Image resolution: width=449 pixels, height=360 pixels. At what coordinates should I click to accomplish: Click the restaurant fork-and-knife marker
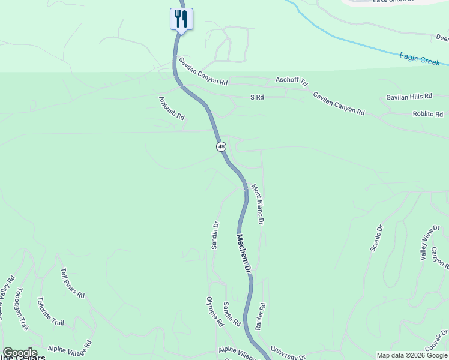[x=181, y=19]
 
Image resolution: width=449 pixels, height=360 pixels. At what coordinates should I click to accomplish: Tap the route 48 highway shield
[x=221, y=146]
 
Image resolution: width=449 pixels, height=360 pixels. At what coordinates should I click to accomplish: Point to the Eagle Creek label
[x=420, y=59]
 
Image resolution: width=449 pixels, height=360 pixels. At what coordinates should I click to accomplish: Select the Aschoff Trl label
[x=291, y=81]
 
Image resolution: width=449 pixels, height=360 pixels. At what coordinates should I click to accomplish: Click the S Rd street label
[x=257, y=97]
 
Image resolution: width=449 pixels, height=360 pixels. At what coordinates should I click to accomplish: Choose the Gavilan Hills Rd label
[x=409, y=97]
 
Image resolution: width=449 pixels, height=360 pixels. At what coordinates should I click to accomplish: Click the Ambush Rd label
[x=171, y=108]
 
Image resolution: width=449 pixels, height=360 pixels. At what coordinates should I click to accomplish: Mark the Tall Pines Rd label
[x=73, y=283]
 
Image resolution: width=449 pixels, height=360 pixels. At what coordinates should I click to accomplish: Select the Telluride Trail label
[x=50, y=311]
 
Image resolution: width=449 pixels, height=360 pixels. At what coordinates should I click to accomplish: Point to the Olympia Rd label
[x=215, y=311]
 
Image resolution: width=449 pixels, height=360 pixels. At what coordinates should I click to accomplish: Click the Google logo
[x=20, y=353]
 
